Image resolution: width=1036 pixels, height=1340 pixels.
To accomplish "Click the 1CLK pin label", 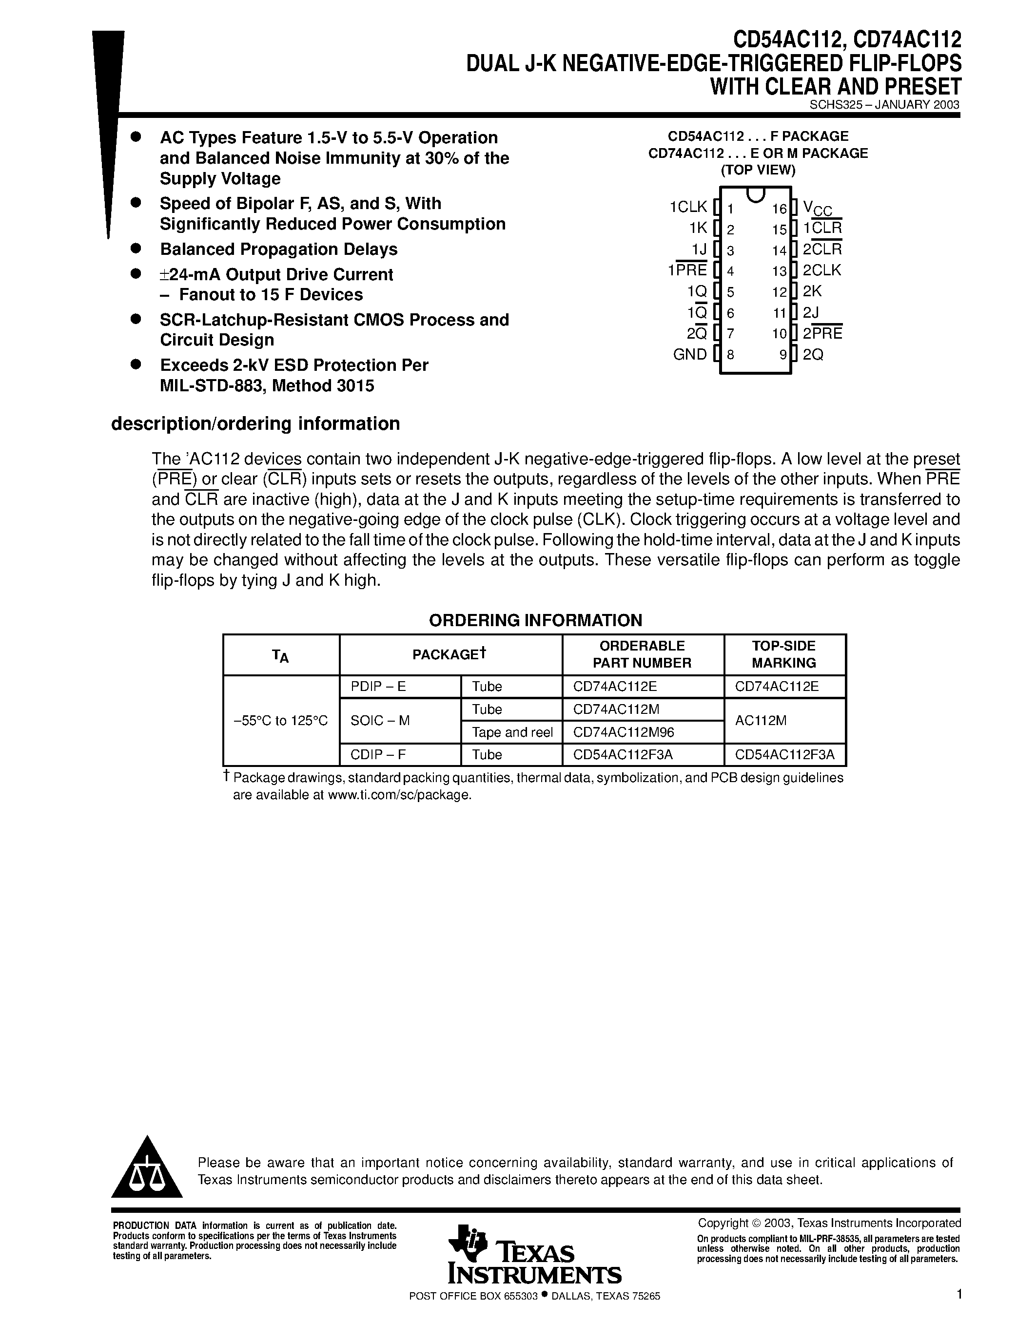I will tap(688, 208).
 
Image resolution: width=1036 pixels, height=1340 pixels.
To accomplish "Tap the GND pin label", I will tap(690, 355).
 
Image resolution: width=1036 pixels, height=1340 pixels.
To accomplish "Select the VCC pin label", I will tap(818, 209).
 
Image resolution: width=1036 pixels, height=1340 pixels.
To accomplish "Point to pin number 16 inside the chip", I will tap(779, 209).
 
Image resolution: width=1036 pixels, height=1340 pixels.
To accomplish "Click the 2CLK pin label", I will tap(822, 270).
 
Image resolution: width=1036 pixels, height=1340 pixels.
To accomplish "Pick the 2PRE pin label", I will tap(822, 334).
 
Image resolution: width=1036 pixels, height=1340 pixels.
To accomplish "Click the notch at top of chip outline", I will tap(756, 194).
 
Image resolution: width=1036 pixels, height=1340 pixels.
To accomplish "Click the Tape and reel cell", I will tap(512, 732).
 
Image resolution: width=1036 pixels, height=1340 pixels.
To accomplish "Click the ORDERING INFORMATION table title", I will tap(535, 620).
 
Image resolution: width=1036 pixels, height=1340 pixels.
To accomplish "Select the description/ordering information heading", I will tap(255, 424).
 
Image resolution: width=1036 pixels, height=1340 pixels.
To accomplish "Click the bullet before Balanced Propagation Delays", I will tap(136, 248).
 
